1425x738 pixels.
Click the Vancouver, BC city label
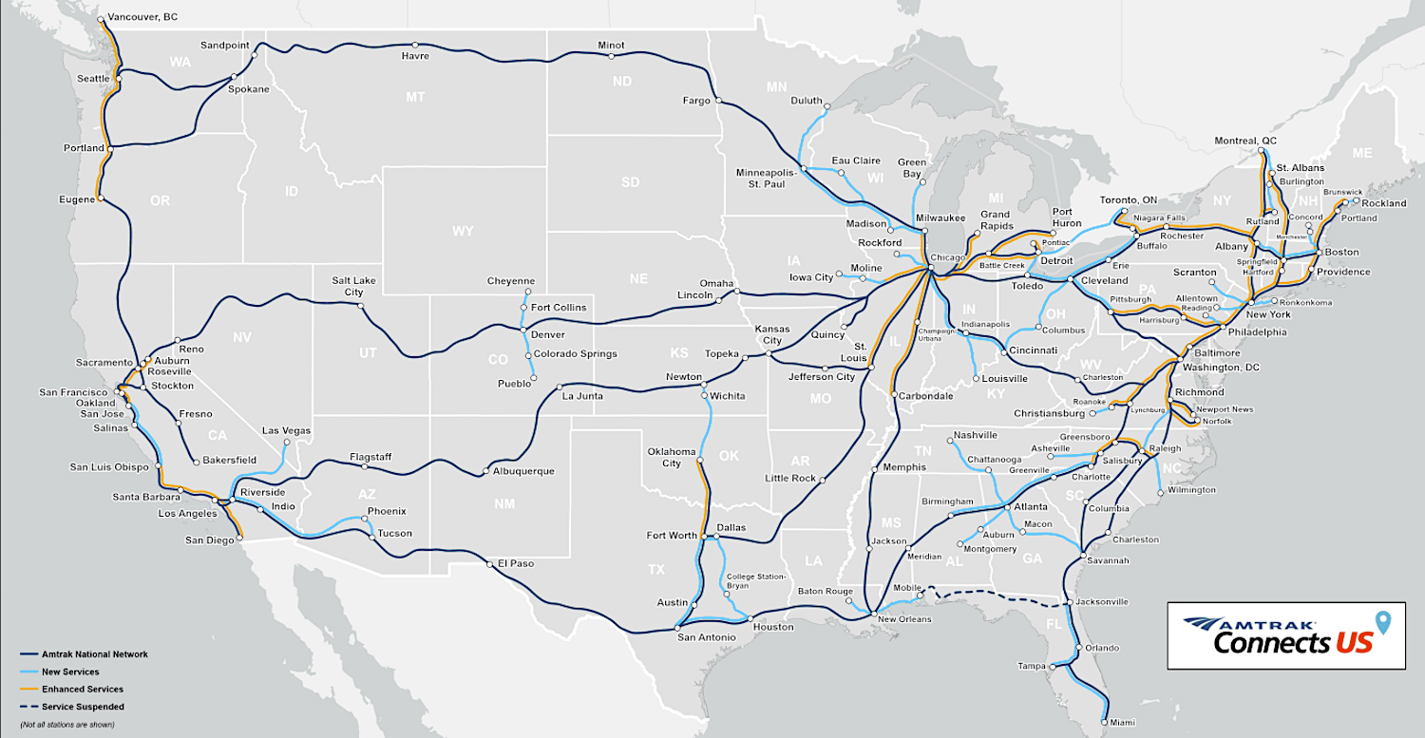142,17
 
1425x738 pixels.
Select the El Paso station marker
489,563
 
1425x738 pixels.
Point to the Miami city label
1124,722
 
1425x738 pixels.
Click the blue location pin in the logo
1383,623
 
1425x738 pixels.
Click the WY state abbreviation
463,231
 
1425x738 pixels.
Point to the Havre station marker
414,44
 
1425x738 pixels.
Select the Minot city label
611,45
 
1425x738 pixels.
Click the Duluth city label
807,100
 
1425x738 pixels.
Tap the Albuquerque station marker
485,471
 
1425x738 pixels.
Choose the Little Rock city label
790,478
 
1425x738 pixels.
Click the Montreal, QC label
1245,141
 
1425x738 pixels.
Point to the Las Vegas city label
286,430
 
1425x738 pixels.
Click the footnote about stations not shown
66,725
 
